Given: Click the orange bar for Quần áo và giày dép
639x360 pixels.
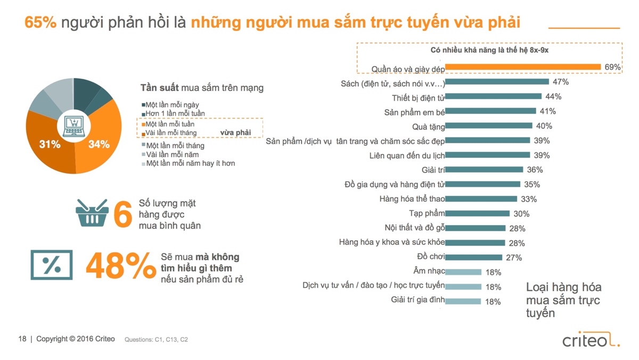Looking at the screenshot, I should pyautogui.click(x=523, y=67).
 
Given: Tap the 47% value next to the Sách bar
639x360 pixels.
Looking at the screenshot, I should pyautogui.click(x=561, y=82).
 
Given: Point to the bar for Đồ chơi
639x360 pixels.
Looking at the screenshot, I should pyautogui.click(x=473, y=257).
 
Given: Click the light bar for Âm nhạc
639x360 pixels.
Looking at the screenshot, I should pyautogui.click(x=463, y=272).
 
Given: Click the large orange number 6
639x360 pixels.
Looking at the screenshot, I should pyautogui.click(x=122, y=214).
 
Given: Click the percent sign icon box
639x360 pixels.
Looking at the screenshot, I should pyautogui.click(x=51, y=265).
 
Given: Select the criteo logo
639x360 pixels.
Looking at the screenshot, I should pyautogui.click(x=591, y=340).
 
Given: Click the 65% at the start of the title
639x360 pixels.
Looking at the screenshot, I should pyautogui.click(x=40, y=23).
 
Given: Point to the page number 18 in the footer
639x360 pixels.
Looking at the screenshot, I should pyautogui.click(x=22, y=339).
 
